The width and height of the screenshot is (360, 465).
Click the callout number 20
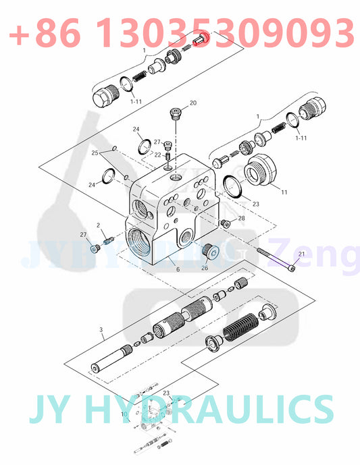pos(192,103)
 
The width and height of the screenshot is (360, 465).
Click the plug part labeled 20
pos(176,112)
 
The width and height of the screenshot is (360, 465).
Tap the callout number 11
pos(284,192)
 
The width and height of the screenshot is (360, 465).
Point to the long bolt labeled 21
pos(276,260)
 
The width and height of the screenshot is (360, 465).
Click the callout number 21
pos(301,254)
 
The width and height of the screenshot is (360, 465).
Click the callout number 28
pos(241,218)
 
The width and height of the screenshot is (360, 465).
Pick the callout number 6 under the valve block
pos(178,269)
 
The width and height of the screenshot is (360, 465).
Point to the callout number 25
pos(95,154)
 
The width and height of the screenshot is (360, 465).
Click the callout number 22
pos(157,155)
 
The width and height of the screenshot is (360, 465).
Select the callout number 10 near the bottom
pos(124,414)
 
